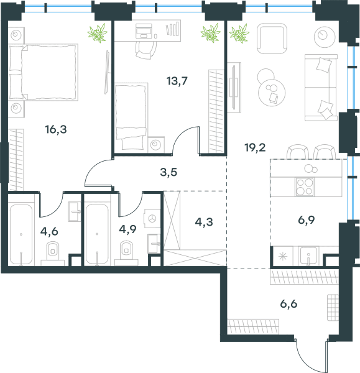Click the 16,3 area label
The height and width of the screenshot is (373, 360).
pyautogui.click(x=56, y=130)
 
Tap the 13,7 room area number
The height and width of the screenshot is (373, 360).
pyautogui.click(x=177, y=81)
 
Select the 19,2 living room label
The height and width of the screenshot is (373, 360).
pyautogui.click(x=255, y=148)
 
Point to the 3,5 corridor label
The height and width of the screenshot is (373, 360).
pyautogui.click(x=168, y=172)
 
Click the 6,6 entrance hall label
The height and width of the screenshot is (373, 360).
pyautogui.click(x=288, y=304)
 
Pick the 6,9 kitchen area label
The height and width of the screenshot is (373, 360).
pyautogui.click(x=307, y=220)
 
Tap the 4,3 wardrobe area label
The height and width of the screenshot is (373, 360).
pyautogui.click(x=204, y=222)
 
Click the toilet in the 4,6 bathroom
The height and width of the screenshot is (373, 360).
pyautogui.click(x=53, y=251)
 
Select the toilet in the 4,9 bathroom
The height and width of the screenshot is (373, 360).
pyautogui.click(x=126, y=251)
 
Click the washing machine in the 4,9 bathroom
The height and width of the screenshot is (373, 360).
pyautogui.click(x=152, y=218)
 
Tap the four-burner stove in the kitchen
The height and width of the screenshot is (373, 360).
pyautogui.click(x=304, y=187)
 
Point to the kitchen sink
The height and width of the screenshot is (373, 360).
pyautogui.click(x=308, y=256)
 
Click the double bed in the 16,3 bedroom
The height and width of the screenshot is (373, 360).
pyautogui.click(x=44, y=72)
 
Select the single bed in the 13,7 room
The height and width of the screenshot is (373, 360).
pyautogui.click(x=131, y=116)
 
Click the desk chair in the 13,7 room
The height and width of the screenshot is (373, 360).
pyautogui.click(x=146, y=50)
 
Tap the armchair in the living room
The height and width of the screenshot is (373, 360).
pyautogui.click(x=272, y=39)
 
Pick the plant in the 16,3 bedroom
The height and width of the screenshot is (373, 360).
pyautogui.click(x=98, y=33)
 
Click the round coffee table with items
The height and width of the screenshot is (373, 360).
pyautogui.click(x=272, y=93)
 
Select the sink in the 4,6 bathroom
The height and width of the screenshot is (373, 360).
pyautogui.click(x=75, y=211)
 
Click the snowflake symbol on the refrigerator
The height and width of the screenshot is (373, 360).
pyautogui.click(x=283, y=256)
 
